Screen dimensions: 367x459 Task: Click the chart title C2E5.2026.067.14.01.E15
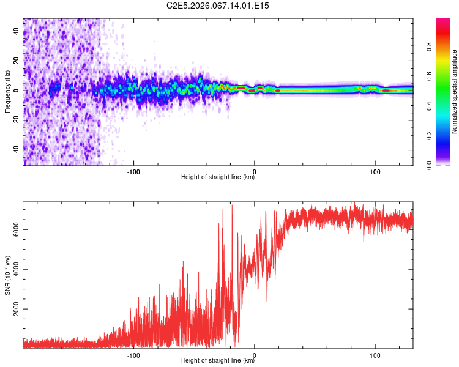pyautogui.click(x=218, y=6)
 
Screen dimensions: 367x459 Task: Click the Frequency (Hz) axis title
pyautogui.click(x=7, y=92)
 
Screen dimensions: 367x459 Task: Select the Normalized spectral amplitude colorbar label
pyautogui.click(x=454, y=92)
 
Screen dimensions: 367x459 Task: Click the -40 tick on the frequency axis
pyautogui.click(x=17, y=149)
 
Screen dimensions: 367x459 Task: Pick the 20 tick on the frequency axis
pyautogui.click(x=17, y=61)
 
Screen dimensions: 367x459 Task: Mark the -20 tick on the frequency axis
pyautogui.click(x=17, y=120)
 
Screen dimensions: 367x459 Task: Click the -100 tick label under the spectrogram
pyautogui.click(x=133, y=171)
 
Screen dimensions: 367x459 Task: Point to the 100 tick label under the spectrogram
pyautogui.click(x=375, y=171)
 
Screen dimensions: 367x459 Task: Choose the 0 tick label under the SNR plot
pyautogui.click(x=255, y=354)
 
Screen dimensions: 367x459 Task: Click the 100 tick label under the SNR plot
pyautogui.click(x=375, y=354)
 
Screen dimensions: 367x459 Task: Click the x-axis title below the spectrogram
pyautogui.click(x=218, y=177)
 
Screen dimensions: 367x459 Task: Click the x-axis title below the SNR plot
pyautogui.click(x=218, y=361)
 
